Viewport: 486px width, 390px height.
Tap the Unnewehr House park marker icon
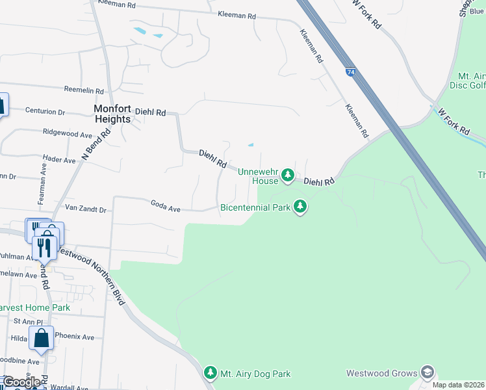click(288, 175)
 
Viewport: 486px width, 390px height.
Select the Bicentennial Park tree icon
click(300, 207)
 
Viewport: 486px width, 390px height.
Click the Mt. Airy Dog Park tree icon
click(210, 373)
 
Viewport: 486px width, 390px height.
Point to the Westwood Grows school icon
click(427, 372)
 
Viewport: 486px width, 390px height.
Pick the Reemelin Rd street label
click(84, 90)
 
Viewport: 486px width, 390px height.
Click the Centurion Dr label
click(45, 111)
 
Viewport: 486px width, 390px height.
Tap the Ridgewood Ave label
click(68, 134)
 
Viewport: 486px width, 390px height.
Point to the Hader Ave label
click(59, 159)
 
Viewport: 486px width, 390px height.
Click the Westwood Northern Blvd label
click(90, 274)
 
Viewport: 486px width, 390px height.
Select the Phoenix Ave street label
click(75, 337)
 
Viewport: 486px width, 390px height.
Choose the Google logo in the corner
click(21, 382)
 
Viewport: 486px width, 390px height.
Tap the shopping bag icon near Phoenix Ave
click(42, 339)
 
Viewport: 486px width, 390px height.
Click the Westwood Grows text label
click(381, 374)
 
